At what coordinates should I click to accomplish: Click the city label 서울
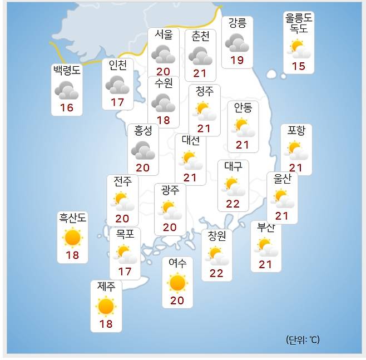[x=164, y=34]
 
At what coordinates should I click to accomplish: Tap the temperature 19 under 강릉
[x=237, y=60]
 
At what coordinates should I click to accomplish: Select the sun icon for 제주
[x=105, y=306]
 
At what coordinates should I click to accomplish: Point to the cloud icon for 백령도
[x=66, y=89]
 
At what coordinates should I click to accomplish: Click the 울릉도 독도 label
[x=298, y=23]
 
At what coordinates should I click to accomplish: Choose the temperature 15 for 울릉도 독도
[x=299, y=66]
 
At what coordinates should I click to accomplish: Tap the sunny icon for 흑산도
[x=72, y=238]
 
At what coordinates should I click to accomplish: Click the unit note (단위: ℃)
[x=303, y=339]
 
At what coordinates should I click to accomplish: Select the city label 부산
[x=265, y=228]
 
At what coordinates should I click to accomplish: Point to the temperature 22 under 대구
[x=233, y=204]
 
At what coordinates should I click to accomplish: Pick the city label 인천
[x=117, y=65]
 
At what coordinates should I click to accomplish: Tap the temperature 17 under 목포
[x=125, y=272]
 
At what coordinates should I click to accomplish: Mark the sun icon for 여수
[x=177, y=283]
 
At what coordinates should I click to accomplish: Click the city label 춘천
[x=200, y=36]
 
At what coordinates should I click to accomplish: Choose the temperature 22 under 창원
[x=216, y=273]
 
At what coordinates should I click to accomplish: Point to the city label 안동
[x=243, y=107]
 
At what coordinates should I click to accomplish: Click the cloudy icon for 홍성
[x=143, y=149]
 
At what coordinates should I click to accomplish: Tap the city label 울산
[x=282, y=178]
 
